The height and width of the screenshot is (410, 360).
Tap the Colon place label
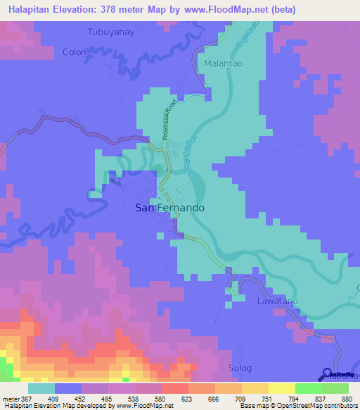[x=75, y=52]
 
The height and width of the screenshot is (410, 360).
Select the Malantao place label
[x=224, y=63]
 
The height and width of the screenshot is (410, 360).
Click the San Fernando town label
[x=169, y=209]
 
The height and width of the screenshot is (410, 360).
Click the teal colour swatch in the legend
[x=41, y=388]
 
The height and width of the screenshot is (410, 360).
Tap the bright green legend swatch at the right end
[x=335, y=388]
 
